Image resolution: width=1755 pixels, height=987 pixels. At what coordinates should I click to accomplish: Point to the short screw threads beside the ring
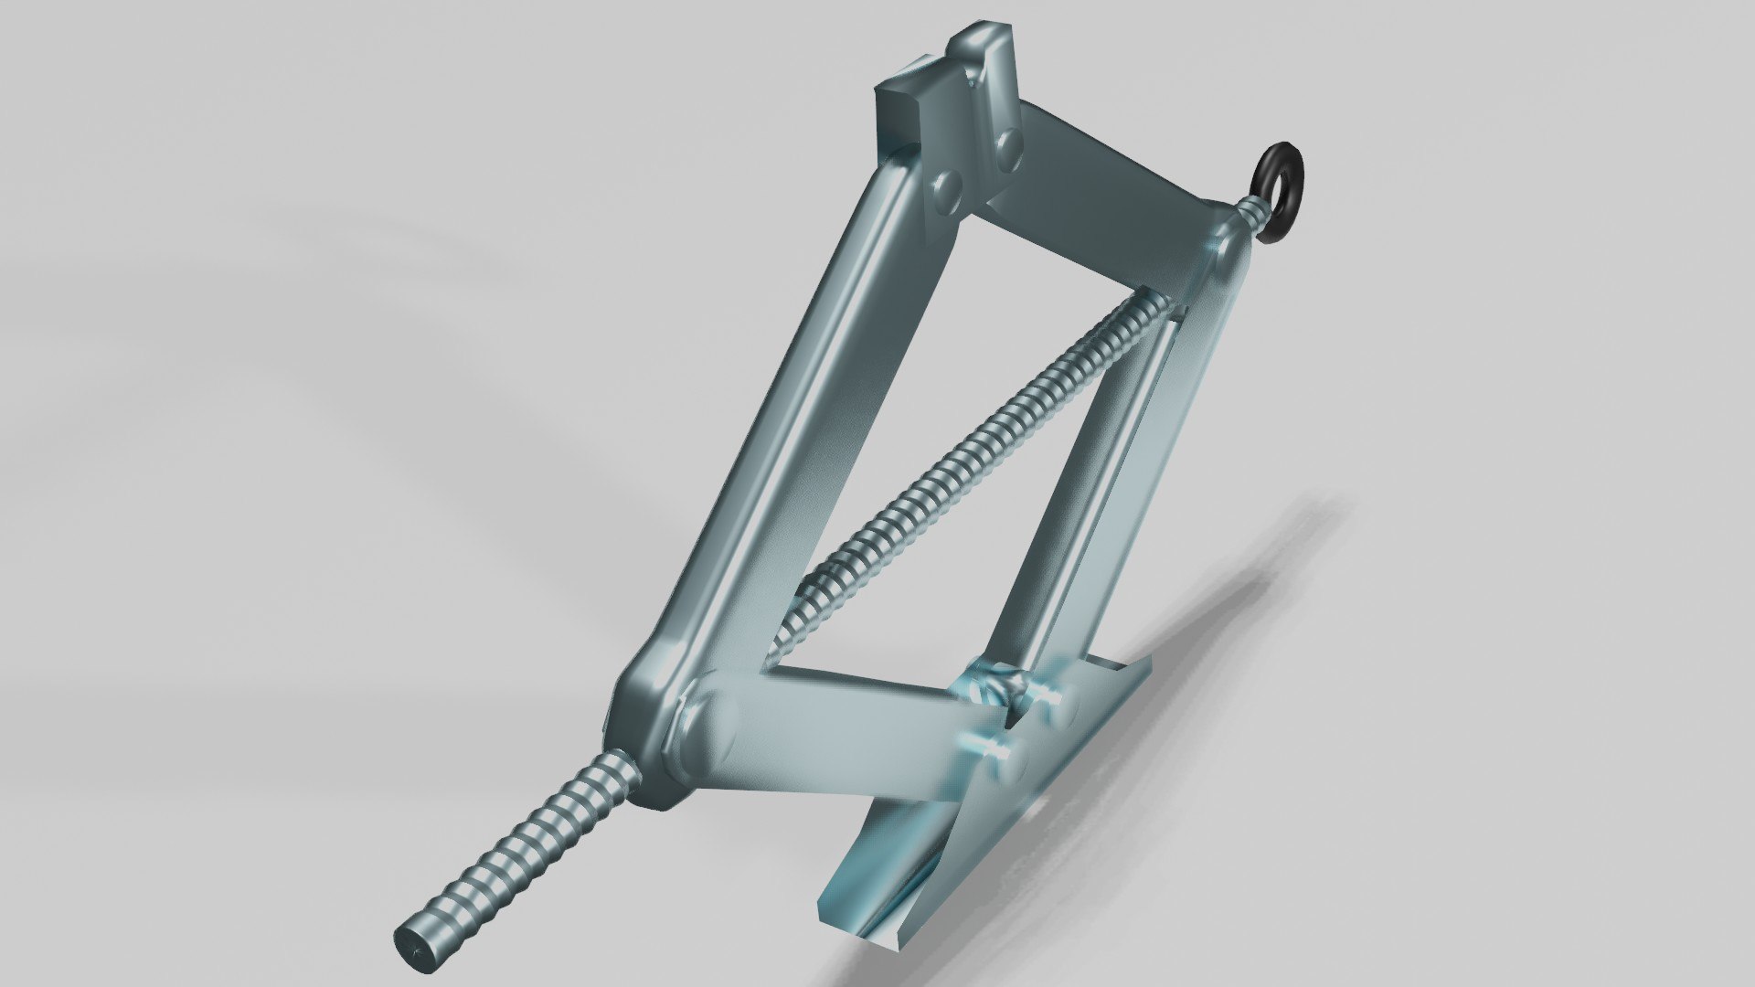click(1253, 216)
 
